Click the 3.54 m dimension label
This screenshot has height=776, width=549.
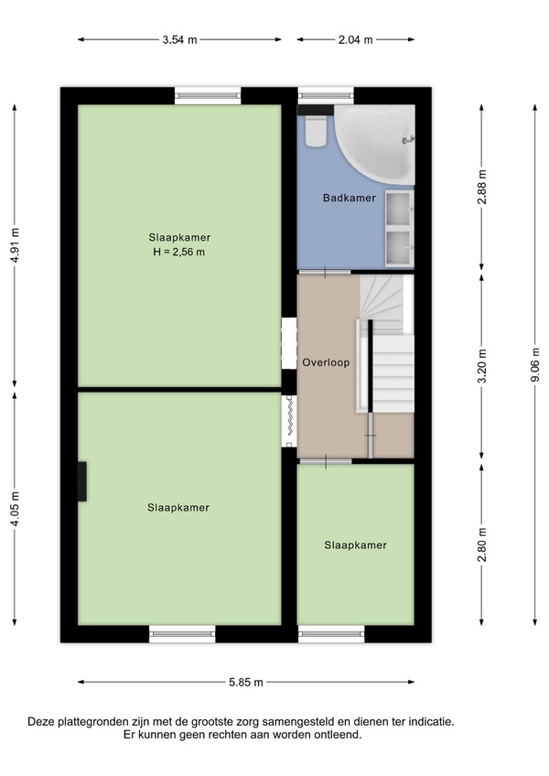pos(179,39)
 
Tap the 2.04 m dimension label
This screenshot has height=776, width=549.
pos(355,39)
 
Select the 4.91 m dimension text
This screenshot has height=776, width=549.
pos(15,245)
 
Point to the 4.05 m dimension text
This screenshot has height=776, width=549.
pos(15,509)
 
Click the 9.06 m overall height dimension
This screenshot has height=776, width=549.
pos(534,365)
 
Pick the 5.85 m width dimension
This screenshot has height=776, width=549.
pos(246,682)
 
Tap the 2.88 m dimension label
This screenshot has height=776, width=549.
pos(482,187)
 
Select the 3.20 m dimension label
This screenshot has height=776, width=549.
pos(482,366)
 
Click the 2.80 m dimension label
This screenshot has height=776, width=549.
pos(482,544)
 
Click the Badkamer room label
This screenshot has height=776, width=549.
pos(349,198)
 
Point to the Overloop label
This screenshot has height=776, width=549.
pos(326,362)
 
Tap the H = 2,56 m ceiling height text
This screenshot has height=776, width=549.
pos(178,252)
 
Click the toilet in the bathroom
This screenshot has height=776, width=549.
pos(316,130)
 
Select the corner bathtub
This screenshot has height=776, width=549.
pos(375,144)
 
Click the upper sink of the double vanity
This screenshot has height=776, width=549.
pos(399,209)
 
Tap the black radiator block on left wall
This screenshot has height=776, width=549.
pos(82,481)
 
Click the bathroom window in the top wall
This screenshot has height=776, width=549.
pos(326,95)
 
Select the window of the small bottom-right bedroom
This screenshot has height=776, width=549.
pos(331,634)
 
